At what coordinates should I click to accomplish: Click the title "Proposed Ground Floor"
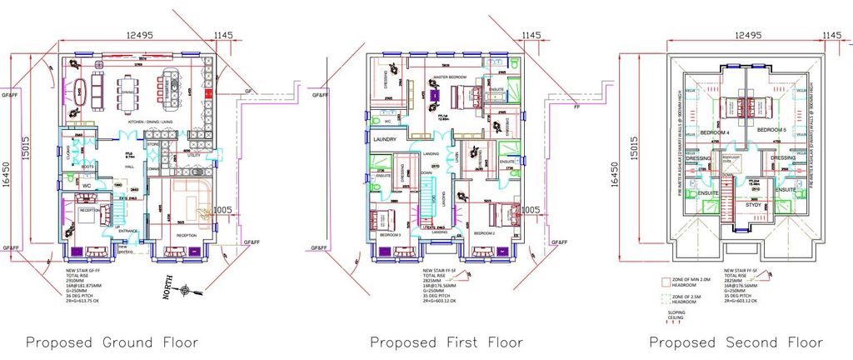pos(112,342)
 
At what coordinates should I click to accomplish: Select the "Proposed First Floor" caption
pos(446,342)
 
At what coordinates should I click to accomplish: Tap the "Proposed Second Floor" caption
pos(736,342)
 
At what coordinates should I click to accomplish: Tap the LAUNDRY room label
pos(384,139)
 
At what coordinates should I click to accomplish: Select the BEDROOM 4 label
pos(714,132)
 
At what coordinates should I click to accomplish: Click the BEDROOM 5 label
pos(772,132)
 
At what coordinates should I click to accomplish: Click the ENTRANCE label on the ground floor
pos(128,232)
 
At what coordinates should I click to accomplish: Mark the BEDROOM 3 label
pos(391,236)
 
